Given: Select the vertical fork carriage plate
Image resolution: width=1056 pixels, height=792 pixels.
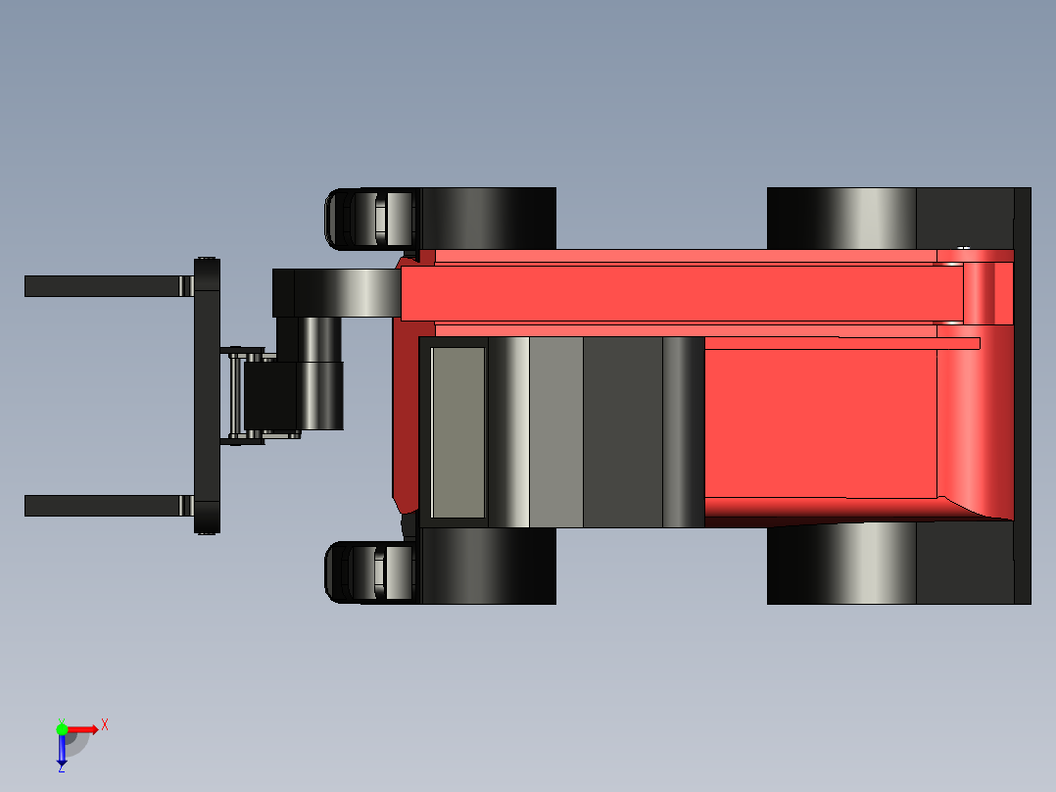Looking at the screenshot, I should click(x=207, y=395).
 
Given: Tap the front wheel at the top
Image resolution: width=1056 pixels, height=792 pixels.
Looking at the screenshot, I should click(x=488, y=217).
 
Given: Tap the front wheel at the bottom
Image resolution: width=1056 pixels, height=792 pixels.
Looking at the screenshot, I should click(x=488, y=567).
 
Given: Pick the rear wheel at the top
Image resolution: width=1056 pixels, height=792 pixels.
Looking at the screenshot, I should click(x=840, y=217).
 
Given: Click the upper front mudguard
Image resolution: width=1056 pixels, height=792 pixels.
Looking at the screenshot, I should click(x=369, y=217).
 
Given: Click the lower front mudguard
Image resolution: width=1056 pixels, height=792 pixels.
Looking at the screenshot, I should click(x=369, y=571).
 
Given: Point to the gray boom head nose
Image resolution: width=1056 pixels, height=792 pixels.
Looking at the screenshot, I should click(x=343, y=292).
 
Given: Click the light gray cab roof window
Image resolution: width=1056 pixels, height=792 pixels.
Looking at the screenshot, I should click(x=458, y=432).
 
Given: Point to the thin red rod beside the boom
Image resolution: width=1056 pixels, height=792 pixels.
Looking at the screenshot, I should click(x=842, y=343).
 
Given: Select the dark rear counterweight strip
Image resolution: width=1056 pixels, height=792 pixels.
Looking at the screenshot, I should click(x=1022, y=395).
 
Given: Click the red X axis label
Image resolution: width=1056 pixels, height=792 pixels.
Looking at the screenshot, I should click(x=105, y=725).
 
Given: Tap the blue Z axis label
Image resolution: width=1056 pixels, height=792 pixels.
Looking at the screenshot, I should click(x=61, y=768).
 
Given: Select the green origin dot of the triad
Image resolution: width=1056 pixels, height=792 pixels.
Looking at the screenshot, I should click(x=62, y=728).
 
